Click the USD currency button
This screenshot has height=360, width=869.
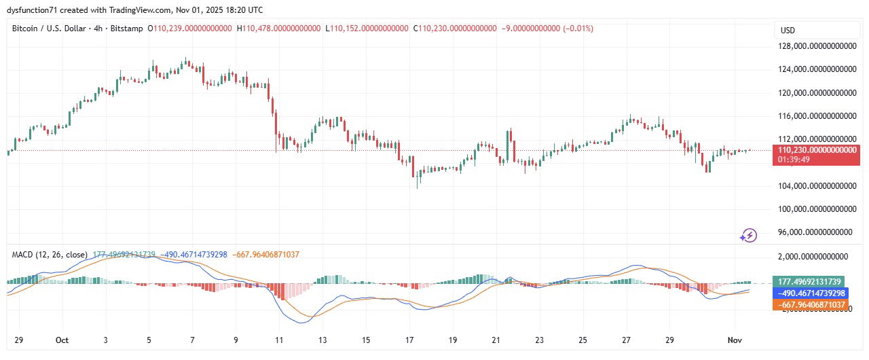coord(788,31)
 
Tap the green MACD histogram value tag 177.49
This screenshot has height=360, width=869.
coord(809,282)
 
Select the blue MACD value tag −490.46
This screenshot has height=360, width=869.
coord(809,293)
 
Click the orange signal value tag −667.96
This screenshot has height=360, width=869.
coord(809,305)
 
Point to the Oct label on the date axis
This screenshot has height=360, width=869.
coord(62,340)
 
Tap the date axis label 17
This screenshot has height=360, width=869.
coord(409,340)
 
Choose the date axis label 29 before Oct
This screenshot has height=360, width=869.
coord(18,340)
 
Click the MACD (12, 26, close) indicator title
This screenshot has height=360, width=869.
coord(50,255)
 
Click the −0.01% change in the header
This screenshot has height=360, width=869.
coord(578,29)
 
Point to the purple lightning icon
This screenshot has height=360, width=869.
coord(748,236)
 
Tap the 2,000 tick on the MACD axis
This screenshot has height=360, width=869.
coord(813,257)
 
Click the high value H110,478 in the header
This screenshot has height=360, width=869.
coord(278,29)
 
